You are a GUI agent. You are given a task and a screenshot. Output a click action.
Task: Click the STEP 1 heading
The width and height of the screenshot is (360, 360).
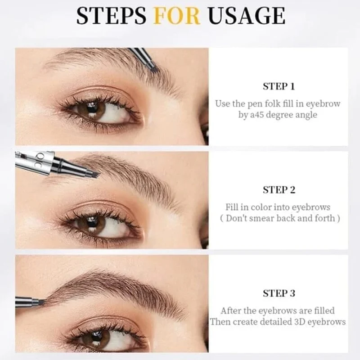279,86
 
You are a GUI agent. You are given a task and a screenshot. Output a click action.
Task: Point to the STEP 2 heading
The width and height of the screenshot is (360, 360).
279,190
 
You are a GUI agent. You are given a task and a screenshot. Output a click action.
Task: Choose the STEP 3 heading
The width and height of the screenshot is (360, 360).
279,293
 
